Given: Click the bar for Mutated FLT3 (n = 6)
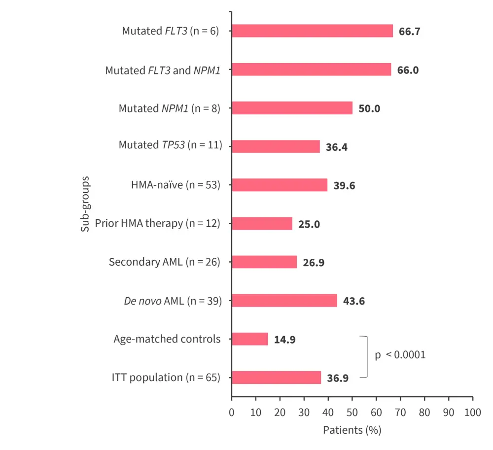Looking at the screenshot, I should (312, 31).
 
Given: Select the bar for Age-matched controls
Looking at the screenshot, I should (249, 339).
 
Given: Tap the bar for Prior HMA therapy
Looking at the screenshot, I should (262, 224).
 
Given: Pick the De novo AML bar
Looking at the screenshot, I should (284, 301).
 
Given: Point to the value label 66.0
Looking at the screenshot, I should (408, 70).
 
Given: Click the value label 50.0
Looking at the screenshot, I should (369, 108).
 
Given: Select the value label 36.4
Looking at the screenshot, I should (337, 147).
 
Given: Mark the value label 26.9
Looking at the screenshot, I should (314, 262).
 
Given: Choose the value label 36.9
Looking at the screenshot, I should (338, 378).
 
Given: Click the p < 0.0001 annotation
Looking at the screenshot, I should (400, 354).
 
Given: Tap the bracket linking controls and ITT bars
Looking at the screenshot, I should (365, 357).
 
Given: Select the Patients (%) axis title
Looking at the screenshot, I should (352, 430).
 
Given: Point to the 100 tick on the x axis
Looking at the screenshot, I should (472, 412).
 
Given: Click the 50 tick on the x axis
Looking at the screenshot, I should (352, 412).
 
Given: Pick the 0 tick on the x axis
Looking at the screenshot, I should (232, 412).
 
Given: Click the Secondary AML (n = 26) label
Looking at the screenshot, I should (164, 262).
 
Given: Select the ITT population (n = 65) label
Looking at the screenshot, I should (166, 378).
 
